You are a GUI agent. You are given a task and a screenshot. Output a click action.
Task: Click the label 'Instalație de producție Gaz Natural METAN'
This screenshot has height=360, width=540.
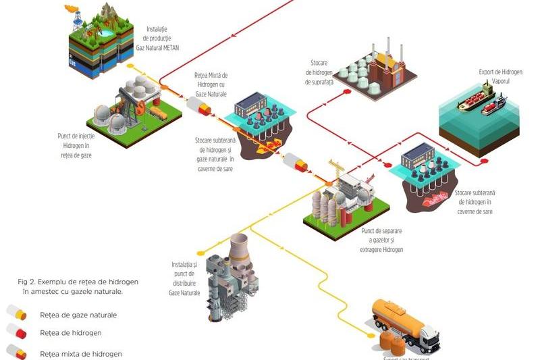point(165,38)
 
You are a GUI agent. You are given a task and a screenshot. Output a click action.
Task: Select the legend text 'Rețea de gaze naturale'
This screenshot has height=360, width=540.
point(78,315)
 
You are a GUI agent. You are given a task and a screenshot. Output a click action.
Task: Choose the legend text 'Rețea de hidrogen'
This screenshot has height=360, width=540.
point(70,332)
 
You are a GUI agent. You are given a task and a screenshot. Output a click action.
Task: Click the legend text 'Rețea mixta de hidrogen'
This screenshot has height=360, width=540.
point(81,353)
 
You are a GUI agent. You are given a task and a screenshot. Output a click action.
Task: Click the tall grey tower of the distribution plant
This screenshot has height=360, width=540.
point(239,257)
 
